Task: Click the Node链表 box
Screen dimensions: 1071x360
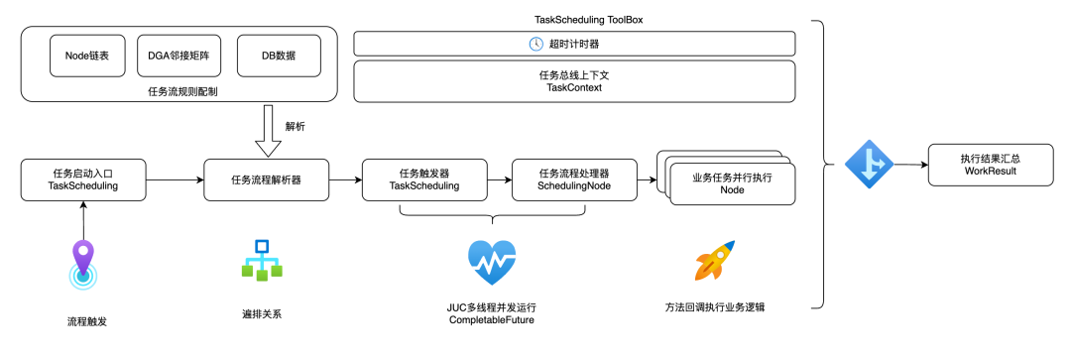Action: [x=86, y=56]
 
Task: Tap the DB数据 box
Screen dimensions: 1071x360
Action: [x=278, y=56]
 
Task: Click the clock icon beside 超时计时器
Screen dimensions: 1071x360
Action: [x=536, y=45]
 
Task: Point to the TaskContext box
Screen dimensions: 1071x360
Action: [x=574, y=81]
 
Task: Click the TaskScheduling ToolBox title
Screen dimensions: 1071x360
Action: [x=574, y=20]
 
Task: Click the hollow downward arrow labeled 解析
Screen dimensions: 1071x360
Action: [x=268, y=131]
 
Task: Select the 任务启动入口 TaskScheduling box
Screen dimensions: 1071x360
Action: [x=83, y=180]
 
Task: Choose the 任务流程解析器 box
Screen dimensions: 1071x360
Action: [x=267, y=180]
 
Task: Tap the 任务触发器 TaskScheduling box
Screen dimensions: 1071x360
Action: [x=424, y=180]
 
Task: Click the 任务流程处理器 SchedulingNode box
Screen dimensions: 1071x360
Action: [x=574, y=180]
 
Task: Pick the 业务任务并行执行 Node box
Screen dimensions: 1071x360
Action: [x=732, y=183]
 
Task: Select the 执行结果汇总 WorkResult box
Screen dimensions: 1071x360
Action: [x=991, y=164]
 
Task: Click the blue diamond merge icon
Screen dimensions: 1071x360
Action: [x=869, y=164]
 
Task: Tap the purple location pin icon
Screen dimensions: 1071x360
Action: [x=82, y=266]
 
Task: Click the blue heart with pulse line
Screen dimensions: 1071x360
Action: [x=492, y=263]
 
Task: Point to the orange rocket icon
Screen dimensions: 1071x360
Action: [x=714, y=260]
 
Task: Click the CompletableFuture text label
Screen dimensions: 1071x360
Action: [x=492, y=319]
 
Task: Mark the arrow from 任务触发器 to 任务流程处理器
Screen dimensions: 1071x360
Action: [x=499, y=180]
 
